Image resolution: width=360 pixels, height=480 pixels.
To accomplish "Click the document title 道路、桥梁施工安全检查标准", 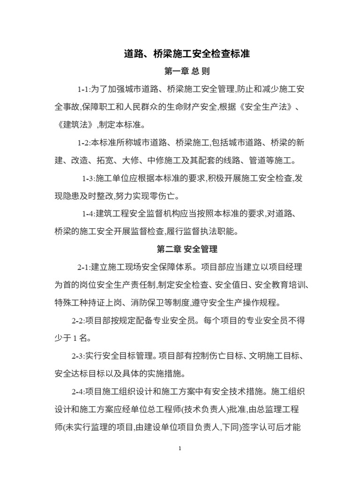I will [187, 54].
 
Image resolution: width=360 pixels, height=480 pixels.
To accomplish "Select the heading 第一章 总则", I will [187, 72].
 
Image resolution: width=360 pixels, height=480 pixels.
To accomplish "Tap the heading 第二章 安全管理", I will [187, 249].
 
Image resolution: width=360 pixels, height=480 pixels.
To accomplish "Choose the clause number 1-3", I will [88, 179].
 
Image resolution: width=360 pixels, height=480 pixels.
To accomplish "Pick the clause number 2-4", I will [78, 392].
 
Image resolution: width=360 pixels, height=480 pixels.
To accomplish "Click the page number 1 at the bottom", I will [180, 448].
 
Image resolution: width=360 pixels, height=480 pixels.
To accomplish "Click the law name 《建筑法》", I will [76, 125].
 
